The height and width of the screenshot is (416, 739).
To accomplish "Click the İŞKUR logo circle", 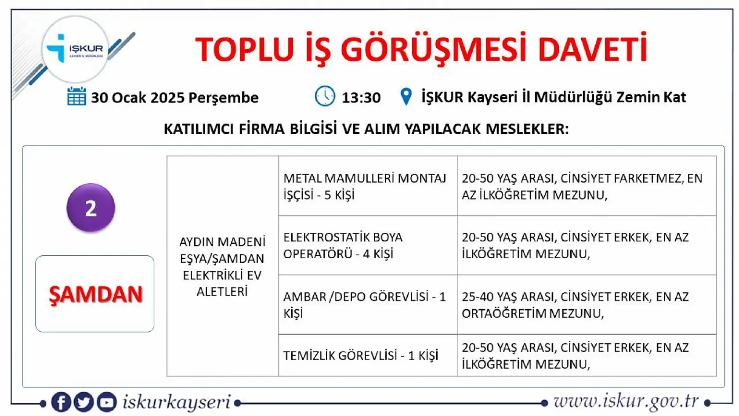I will [x=75, y=49].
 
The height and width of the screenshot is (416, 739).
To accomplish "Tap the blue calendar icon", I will [x=76, y=97].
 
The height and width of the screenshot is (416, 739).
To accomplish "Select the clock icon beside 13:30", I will [x=325, y=96].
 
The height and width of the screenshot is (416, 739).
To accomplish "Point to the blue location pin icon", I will [x=406, y=97].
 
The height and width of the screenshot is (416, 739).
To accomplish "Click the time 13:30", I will [x=361, y=98].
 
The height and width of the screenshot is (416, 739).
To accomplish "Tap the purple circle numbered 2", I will [x=91, y=208].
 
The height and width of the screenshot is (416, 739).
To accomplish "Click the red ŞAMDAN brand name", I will [x=95, y=294].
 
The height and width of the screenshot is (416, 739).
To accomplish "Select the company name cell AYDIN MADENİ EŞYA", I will [x=222, y=266].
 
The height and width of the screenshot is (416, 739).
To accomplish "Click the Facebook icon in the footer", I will [x=61, y=402].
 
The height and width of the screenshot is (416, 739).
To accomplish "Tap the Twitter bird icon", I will [x=83, y=402].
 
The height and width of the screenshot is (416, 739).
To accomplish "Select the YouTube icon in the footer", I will [x=106, y=402].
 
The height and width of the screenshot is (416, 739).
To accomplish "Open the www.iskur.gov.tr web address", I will [x=626, y=401].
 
